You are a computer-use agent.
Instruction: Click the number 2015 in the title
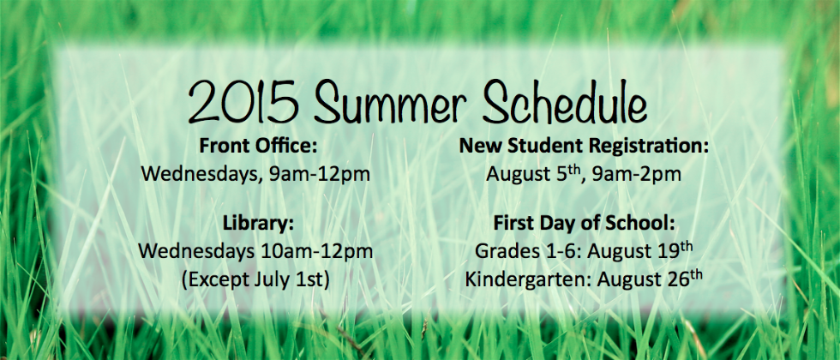243,102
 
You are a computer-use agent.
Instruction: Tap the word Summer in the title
387,102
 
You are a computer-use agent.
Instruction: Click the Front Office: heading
259,146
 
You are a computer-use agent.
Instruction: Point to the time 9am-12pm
320,174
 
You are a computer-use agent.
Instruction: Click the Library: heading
259,223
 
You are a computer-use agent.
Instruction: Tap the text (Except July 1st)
255,279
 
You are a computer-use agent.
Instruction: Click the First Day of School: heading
584,223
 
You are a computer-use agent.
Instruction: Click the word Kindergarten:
529,279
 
